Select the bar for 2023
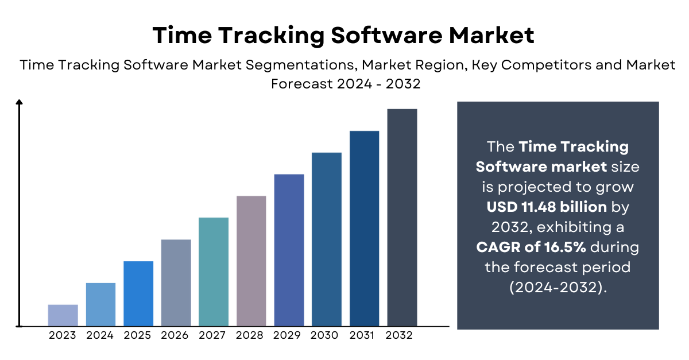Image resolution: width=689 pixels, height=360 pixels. tap(63, 315)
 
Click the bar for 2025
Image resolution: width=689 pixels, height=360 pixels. tap(138, 293)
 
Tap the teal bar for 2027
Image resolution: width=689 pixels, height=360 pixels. tap(214, 272)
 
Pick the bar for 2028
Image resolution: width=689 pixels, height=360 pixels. tap(251, 261)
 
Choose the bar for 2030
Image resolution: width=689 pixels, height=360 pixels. tap(327, 239)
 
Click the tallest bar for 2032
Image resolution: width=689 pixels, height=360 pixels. tap(402, 217)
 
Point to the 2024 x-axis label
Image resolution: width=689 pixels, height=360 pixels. tap(100, 335)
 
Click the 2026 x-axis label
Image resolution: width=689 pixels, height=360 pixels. tap(176, 335)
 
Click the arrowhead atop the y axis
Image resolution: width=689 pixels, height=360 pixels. tap(20, 103)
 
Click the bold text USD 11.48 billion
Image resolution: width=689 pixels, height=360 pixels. tap(547, 207)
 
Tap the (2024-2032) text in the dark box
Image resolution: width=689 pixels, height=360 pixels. tap(558, 288)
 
